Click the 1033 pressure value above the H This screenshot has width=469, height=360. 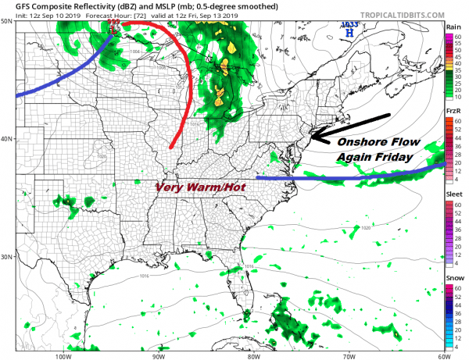point(349,26)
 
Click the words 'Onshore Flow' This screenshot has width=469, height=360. point(378,144)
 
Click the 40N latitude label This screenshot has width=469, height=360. point(7,139)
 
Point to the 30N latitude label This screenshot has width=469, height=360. point(7,257)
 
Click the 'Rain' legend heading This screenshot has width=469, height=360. point(453,27)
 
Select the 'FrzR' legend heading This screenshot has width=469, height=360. point(453,112)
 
